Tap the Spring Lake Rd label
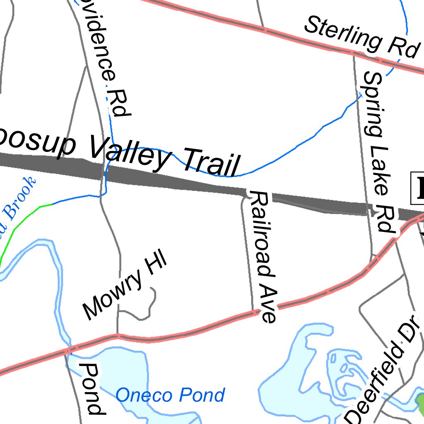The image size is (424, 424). (378, 151)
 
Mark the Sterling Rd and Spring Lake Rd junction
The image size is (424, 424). (353, 53)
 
